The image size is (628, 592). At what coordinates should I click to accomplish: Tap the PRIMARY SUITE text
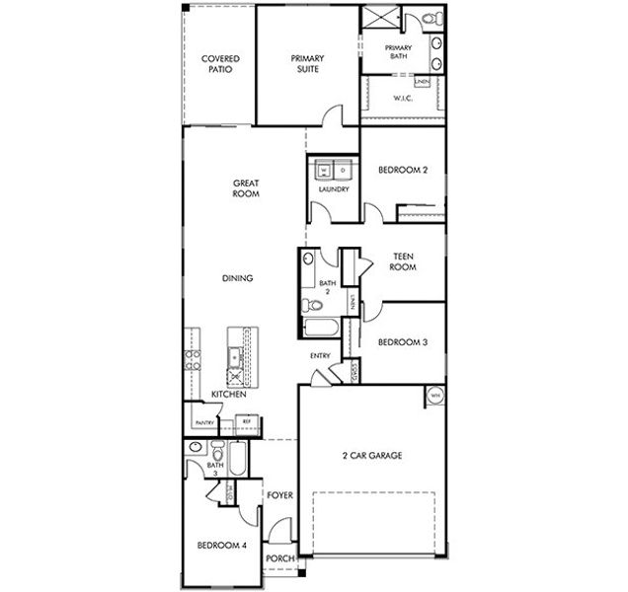(x=307, y=64)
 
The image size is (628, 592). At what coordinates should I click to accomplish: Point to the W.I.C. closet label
(x=403, y=98)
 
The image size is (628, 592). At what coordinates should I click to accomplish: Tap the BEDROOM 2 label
(x=402, y=170)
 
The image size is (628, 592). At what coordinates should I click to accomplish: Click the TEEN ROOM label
(x=402, y=261)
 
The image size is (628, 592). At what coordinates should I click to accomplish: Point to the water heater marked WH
(x=434, y=397)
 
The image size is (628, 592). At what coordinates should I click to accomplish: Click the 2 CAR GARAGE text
(x=373, y=455)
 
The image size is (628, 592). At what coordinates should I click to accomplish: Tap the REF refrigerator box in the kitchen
(x=246, y=422)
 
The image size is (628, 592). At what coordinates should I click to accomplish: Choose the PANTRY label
(x=205, y=422)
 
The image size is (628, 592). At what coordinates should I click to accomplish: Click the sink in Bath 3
(x=193, y=456)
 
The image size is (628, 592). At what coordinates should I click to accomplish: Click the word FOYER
(x=280, y=495)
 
